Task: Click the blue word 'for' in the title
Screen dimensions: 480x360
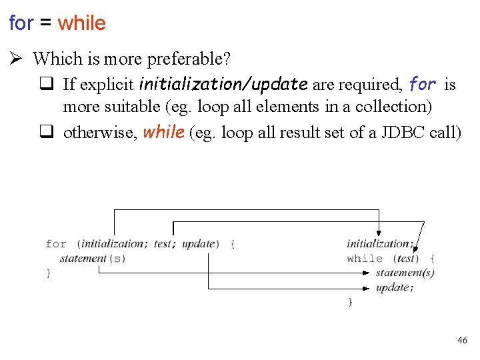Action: (x=21, y=23)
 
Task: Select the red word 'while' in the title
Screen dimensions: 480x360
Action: (x=81, y=23)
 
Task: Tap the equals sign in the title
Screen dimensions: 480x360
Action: (x=45, y=23)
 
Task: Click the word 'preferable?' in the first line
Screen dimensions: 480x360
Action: (x=189, y=59)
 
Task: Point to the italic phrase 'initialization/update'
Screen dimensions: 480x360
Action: (x=223, y=85)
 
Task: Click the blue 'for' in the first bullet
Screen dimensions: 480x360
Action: (x=423, y=85)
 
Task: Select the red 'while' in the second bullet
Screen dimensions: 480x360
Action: (x=163, y=132)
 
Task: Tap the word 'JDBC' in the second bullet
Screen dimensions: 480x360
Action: (x=399, y=133)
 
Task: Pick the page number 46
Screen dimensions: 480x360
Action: (x=462, y=341)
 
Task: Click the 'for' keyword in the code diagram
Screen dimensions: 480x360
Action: (x=56, y=244)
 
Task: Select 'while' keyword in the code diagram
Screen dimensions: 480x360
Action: (x=365, y=259)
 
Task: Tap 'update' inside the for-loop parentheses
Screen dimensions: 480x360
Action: (x=198, y=244)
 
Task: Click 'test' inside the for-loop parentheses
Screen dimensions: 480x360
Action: (x=163, y=244)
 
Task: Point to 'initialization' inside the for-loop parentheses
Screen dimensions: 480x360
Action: (x=112, y=244)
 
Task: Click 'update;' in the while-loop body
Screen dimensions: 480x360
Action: (x=394, y=288)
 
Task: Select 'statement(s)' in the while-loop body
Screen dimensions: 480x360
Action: (x=405, y=273)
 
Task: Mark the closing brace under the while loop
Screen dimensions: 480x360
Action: (x=350, y=302)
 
